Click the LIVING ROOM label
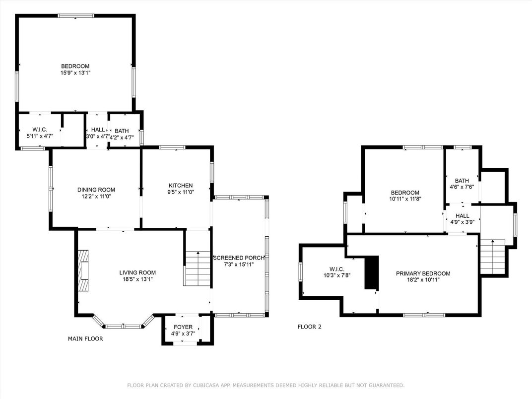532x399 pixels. [x=137, y=272]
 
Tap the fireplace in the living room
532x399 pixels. [x=83, y=271]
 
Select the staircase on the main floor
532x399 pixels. [x=198, y=268]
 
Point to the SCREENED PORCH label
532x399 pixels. [x=239, y=258]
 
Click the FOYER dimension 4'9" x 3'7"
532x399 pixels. [x=183, y=333]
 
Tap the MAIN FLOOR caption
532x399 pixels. [x=85, y=338]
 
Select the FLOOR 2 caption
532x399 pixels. [x=310, y=327]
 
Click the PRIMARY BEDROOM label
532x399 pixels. [x=423, y=273]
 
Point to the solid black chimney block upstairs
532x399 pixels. [x=372, y=272]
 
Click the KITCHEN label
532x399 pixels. [x=181, y=186]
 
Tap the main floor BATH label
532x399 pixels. [x=122, y=131]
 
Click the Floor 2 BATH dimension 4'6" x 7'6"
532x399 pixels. [x=462, y=187]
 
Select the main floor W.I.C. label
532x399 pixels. [x=40, y=130]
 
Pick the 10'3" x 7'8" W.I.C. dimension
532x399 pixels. [x=337, y=275]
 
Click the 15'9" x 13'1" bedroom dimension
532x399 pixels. [x=75, y=72]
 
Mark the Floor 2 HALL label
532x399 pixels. [x=463, y=216]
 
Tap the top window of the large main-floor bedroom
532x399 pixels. [x=75, y=15]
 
